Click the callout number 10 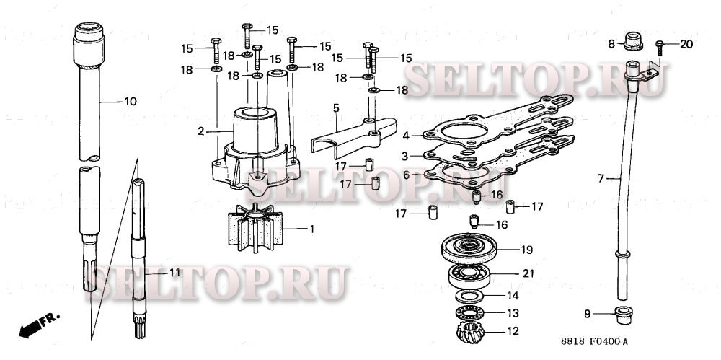tap(130, 102)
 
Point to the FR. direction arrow tap(39, 323)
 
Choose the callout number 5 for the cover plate tap(336, 108)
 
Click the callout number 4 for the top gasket tap(407, 135)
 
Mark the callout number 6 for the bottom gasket tap(407, 175)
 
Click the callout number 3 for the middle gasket tap(407, 156)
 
